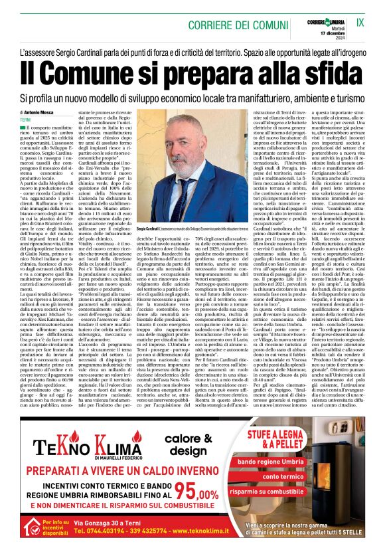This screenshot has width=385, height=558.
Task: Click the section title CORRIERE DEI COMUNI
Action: pyautogui.click(x=192, y=22)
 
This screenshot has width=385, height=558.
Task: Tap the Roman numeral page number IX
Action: pyautogui.click(x=360, y=22)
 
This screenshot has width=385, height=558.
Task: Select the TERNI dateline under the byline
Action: pyautogui.click(x=27, y=120)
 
